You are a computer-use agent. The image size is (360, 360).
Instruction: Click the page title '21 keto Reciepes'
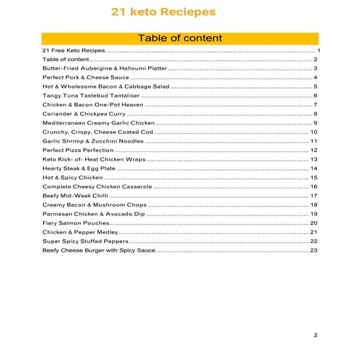click(x=163, y=12)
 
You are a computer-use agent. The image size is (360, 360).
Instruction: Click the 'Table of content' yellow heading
click(x=180, y=38)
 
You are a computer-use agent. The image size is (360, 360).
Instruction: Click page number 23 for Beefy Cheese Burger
click(x=314, y=250)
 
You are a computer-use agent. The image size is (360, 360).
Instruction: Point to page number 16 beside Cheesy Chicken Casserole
click(x=314, y=186)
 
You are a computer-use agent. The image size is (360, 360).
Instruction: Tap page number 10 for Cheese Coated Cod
click(x=314, y=132)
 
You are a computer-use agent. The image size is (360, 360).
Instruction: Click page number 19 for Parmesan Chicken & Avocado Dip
click(x=314, y=214)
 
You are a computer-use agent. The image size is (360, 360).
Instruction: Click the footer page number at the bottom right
click(x=316, y=335)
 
